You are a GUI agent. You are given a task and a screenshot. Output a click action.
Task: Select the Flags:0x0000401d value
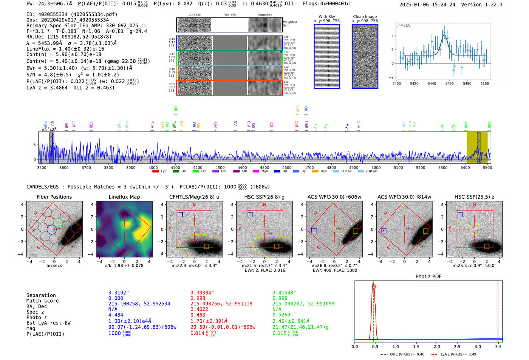[326, 4]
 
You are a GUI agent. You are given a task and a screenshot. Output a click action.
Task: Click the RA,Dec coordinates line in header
[69, 37]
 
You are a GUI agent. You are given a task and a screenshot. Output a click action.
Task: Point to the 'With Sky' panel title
[326, 17]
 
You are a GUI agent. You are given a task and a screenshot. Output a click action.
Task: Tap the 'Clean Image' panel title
[365, 17]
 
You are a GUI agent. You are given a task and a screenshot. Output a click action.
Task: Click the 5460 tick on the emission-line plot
[449, 83]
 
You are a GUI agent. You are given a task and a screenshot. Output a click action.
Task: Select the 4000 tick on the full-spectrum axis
[153, 167]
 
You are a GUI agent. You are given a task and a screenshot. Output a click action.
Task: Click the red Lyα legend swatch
[155, 172]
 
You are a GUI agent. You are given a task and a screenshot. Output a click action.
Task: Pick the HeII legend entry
[320, 172]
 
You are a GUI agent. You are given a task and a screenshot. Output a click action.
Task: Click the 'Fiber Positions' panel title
[54, 197]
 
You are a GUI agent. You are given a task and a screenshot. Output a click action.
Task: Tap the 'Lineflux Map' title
[124, 197]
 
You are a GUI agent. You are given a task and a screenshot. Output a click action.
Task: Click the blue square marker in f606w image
[314, 231]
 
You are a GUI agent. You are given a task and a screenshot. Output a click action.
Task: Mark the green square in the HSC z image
[486, 246]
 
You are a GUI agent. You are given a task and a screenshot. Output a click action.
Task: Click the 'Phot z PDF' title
[428, 277]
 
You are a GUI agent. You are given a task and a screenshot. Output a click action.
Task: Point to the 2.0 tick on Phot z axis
[436, 346]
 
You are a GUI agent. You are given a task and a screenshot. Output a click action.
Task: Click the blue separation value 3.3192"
[119, 293]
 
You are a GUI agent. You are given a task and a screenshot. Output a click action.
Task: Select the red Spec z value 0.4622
[199, 309]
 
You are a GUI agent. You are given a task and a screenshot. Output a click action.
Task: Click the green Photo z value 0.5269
[281, 315]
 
